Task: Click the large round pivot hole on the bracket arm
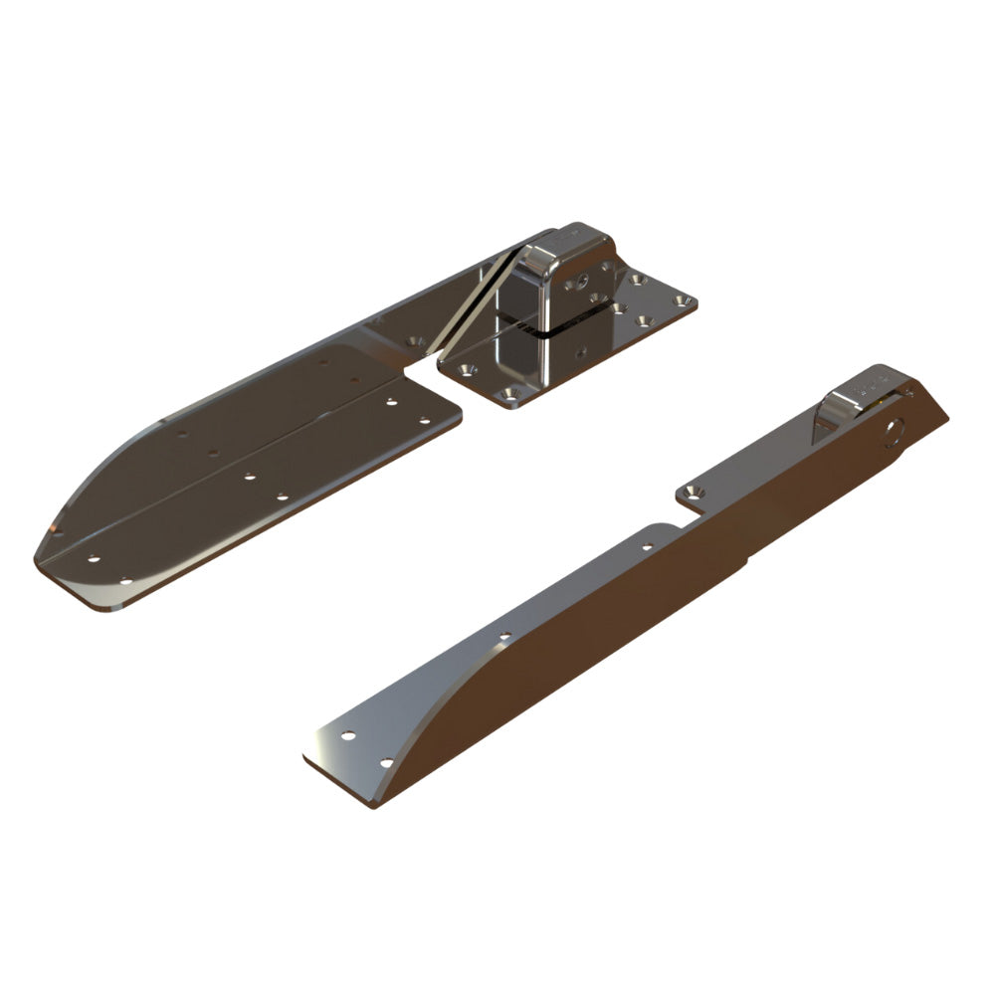click(x=892, y=431)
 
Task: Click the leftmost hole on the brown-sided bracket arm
click(x=347, y=736)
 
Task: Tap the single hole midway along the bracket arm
click(x=504, y=635)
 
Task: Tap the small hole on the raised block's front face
click(x=575, y=283)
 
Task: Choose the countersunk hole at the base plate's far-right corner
click(x=681, y=299)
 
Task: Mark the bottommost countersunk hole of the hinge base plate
click(x=508, y=396)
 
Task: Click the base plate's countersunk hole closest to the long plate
click(x=466, y=369)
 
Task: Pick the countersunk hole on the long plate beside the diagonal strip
click(x=416, y=343)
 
